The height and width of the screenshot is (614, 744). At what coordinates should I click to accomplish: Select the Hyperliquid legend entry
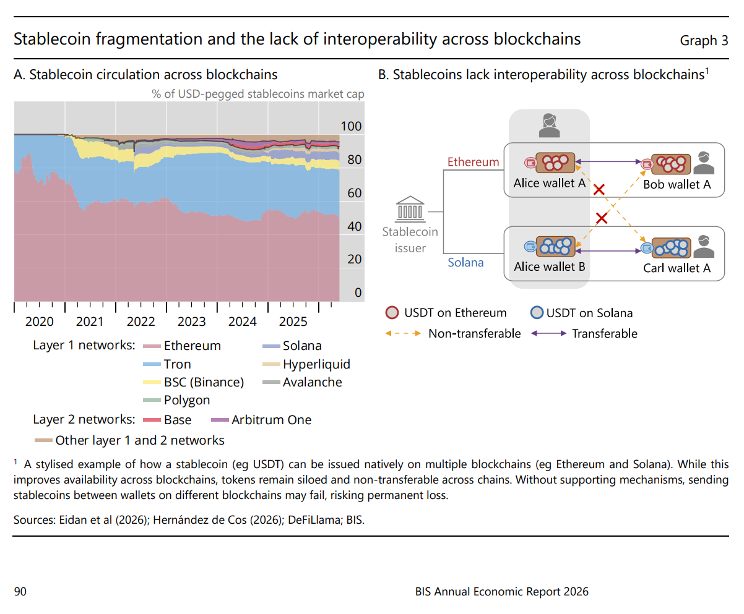pyautogui.click(x=306, y=364)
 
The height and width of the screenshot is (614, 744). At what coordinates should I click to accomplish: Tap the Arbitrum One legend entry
pyautogui.click(x=261, y=420)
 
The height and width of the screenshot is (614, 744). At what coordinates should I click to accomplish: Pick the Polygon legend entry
pyautogui.click(x=176, y=400)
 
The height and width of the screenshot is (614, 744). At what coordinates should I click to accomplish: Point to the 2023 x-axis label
pyautogui.click(x=191, y=322)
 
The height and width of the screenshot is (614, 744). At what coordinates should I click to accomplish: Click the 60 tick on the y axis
pyautogui.click(x=354, y=194)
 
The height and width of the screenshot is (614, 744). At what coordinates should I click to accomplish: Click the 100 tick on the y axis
pyautogui.click(x=351, y=126)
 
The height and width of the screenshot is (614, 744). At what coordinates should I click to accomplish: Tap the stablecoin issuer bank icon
pyautogui.click(x=410, y=208)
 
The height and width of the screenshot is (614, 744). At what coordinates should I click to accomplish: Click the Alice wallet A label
pyautogui.click(x=550, y=183)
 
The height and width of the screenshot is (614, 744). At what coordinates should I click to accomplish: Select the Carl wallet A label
pyautogui.click(x=677, y=268)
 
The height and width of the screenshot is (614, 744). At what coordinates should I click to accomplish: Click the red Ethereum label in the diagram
pyautogui.click(x=473, y=162)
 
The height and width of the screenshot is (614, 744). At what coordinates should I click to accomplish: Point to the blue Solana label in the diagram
pyautogui.click(x=465, y=263)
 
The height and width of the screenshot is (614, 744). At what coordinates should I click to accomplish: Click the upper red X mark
pyautogui.click(x=599, y=189)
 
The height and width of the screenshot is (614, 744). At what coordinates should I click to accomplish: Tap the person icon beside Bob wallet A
pyautogui.click(x=704, y=163)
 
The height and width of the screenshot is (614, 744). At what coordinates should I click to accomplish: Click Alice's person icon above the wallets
pyautogui.click(x=549, y=126)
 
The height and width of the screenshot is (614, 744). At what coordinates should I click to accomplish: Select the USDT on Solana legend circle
pyautogui.click(x=537, y=312)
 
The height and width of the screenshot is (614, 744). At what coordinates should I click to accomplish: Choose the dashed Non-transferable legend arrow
pyautogui.click(x=403, y=333)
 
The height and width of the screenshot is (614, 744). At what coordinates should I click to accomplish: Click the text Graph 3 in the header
pyautogui.click(x=704, y=41)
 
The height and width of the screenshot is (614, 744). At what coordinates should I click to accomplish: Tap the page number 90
pyautogui.click(x=20, y=592)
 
